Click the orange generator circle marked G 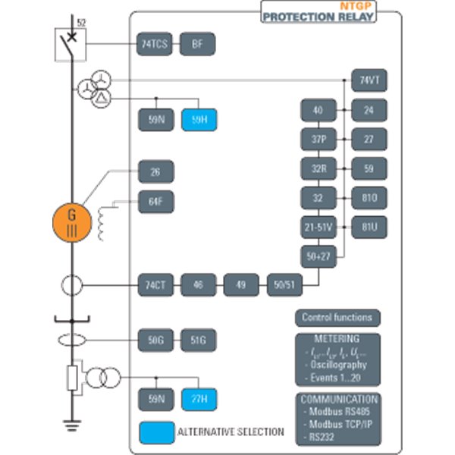click(72, 220)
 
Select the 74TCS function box click(155, 45)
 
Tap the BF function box click(198, 45)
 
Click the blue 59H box click(199, 120)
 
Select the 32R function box click(318, 168)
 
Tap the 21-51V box click(318, 225)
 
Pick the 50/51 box click(284, 285)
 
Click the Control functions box click(337, 318)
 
